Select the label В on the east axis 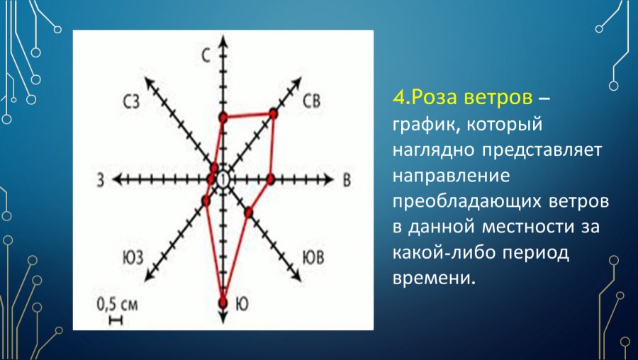347,180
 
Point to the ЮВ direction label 313,257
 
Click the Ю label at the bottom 241,303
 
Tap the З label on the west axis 101,181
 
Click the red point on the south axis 223,303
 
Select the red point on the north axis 223,117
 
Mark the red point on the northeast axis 273,113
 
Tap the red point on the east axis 270,179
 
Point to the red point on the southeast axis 248,212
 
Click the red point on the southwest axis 206,201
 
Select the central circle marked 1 223,180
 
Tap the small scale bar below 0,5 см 116,320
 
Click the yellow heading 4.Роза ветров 460,97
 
